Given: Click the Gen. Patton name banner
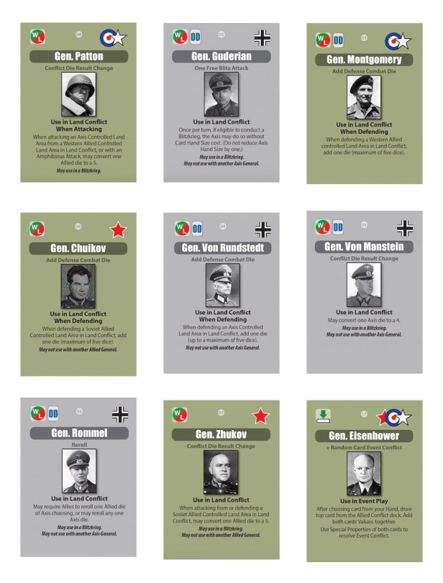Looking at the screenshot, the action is (80, 56).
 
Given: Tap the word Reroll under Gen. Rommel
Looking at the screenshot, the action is (78, 445).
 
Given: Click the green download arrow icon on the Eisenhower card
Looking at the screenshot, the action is (323, 416).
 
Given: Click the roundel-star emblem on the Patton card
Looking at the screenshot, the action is (113, 37).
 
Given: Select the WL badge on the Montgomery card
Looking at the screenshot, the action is (321, 40).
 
